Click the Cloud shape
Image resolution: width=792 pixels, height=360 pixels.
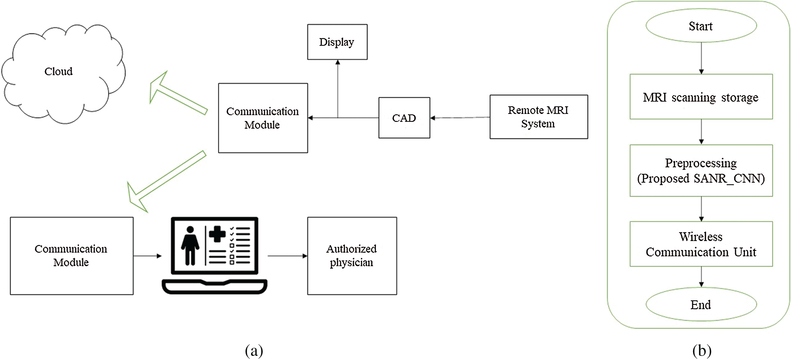pyautogui.click(x=61, y=74)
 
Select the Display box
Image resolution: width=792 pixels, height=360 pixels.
pyautogui.click(x=337, y=42)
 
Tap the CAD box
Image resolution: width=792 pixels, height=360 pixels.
pyautogui.click(x=404, y=118)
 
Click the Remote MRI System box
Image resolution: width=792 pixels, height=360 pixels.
pyautogui.click(x=538, y=117)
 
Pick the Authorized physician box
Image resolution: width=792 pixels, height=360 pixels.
pyautogui.click(x=352, y=256)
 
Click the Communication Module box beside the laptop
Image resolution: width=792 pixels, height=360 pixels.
pyautogui.click(x=72, y=256)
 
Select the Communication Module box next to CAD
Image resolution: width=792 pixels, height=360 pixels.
pyautogui.click(x=263, y=118)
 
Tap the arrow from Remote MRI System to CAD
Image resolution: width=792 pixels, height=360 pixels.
pyautogui.click(x=460, y=118)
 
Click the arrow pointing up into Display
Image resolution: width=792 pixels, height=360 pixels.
pyautogui.click(x=338, y=88)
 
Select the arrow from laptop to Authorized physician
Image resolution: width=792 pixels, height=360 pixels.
pyautogui.click(x=287, y=256)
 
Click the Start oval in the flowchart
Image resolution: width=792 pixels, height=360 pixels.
pyautogui.click(x=701, y=26)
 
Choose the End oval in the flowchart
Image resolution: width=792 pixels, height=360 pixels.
pyautogui.click(x=701, y=305)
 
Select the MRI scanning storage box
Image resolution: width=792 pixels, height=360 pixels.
pyautogui.click(x=701, y=97)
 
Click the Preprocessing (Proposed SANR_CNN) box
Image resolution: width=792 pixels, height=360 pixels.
pyautogui.click(x=701, y=171)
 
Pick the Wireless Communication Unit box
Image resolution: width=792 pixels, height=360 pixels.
pyautogui.click(x=701, y=244)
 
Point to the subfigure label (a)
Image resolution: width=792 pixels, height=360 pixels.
pyautogui.click(x=254, y=351)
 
